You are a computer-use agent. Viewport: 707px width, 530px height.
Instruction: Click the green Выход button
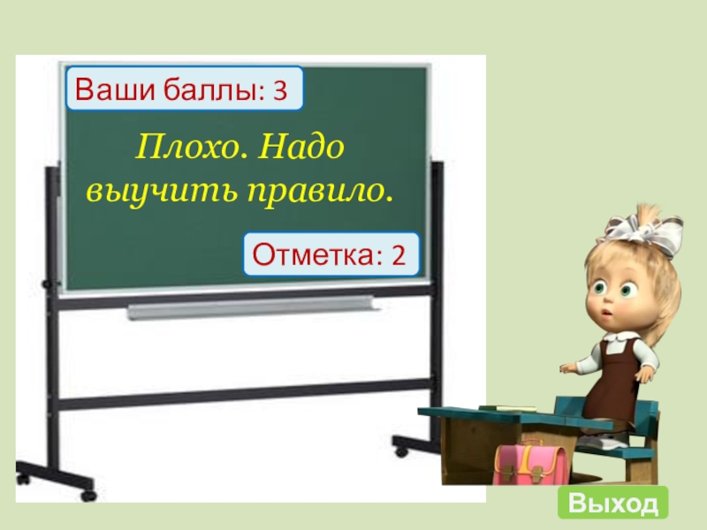612,503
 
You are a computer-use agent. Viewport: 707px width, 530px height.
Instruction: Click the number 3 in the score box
281,90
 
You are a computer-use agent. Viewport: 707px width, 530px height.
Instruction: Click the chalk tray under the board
251,308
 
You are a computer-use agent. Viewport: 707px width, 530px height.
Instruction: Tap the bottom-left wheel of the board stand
87,495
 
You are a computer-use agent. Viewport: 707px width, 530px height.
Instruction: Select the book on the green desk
508,407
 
